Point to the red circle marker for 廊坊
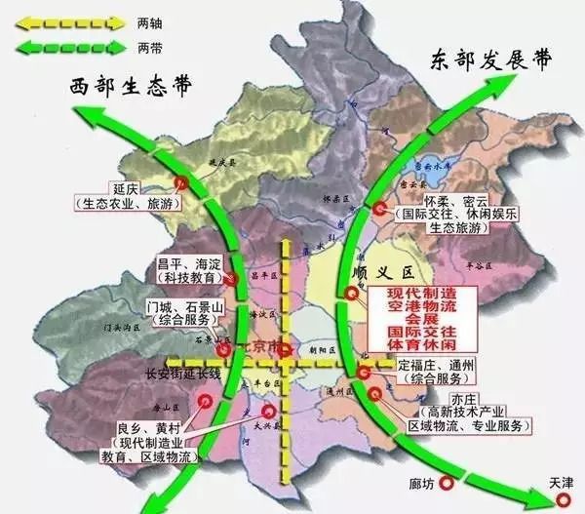(448, 482)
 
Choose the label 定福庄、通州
(437, 366)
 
